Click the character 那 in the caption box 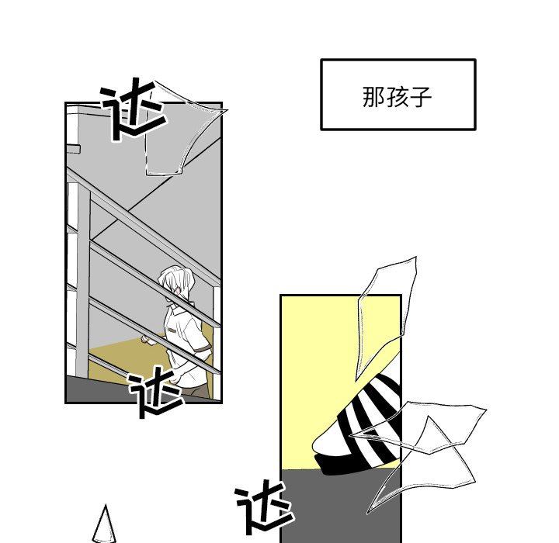coord(373,96)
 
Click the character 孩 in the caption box coord(398,96)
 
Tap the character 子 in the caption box coord(420,96)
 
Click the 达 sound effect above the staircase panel coord(133,109)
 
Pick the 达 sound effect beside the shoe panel coord(264,507)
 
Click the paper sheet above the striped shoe coord(386,318)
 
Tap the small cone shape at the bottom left coord(105,524)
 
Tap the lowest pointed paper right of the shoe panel coord(421,467)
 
